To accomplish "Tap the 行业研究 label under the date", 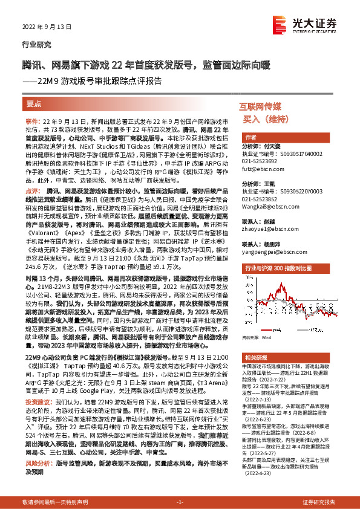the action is [36, 45].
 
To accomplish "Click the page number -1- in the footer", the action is [180, 502].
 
